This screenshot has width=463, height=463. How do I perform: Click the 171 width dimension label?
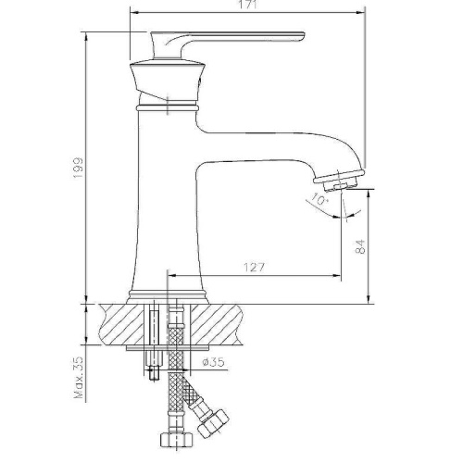247,6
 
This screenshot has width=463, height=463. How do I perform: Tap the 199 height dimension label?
79,168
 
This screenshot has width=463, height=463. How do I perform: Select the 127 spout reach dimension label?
255,268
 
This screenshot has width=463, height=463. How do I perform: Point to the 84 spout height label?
360,246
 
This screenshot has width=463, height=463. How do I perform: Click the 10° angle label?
319,199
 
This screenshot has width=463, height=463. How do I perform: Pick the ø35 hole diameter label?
213,362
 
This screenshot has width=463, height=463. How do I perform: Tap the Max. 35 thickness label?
79,377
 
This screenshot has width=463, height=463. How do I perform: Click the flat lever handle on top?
228,44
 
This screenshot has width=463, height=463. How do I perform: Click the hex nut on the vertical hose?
176,438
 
